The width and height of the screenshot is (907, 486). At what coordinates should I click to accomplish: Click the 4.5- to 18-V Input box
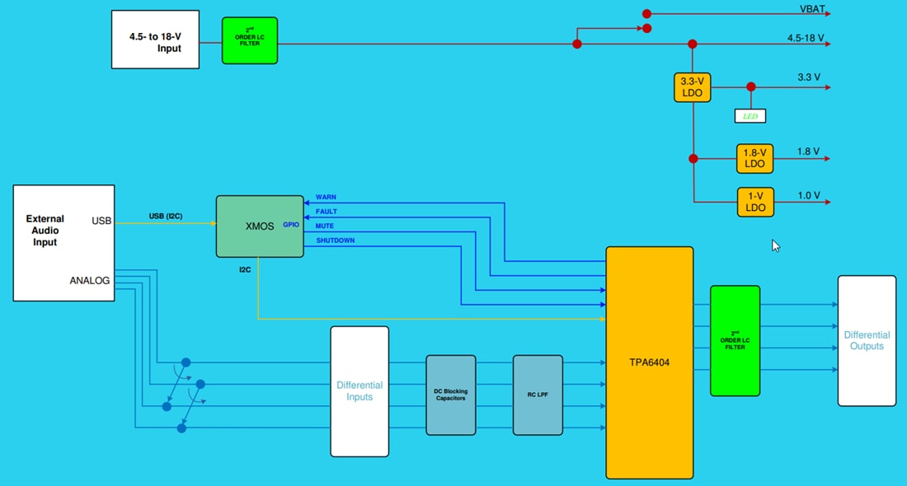tap(156, 39)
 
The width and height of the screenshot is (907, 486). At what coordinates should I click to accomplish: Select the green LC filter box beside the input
tap(249, 40)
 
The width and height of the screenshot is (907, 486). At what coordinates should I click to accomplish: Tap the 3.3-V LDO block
tap(693, 87)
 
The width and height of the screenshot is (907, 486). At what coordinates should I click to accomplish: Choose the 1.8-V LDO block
tap(755, 158)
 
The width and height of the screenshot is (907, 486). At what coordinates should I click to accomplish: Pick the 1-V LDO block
tap(755, 202)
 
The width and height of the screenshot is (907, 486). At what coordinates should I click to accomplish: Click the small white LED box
tap(750, 116)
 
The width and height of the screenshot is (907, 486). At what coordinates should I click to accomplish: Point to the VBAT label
tap(812, 11)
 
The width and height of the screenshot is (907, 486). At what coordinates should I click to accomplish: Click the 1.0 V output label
tap(809, 195)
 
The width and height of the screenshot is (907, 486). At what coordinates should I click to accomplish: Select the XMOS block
tap(260, 226)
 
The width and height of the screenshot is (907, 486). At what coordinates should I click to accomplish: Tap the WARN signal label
tap(326, 198)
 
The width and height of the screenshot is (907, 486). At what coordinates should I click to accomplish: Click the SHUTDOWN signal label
tap(335, 241)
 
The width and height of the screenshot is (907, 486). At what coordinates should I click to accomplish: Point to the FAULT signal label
tap(327, 212)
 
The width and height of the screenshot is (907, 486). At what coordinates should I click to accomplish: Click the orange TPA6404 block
tap(650, 362)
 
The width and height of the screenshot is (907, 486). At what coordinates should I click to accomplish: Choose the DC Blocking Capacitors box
tap(451, 395)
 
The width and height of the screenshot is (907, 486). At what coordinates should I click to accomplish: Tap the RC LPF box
tap(538, 395)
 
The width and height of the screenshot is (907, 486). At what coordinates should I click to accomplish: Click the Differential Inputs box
tap(360, 391)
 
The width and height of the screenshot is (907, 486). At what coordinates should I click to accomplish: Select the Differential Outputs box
tap(867, 340)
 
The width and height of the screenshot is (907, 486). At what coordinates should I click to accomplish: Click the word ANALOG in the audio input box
tap(90, 280)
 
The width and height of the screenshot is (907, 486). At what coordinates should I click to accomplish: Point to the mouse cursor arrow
tap(775, 245)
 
